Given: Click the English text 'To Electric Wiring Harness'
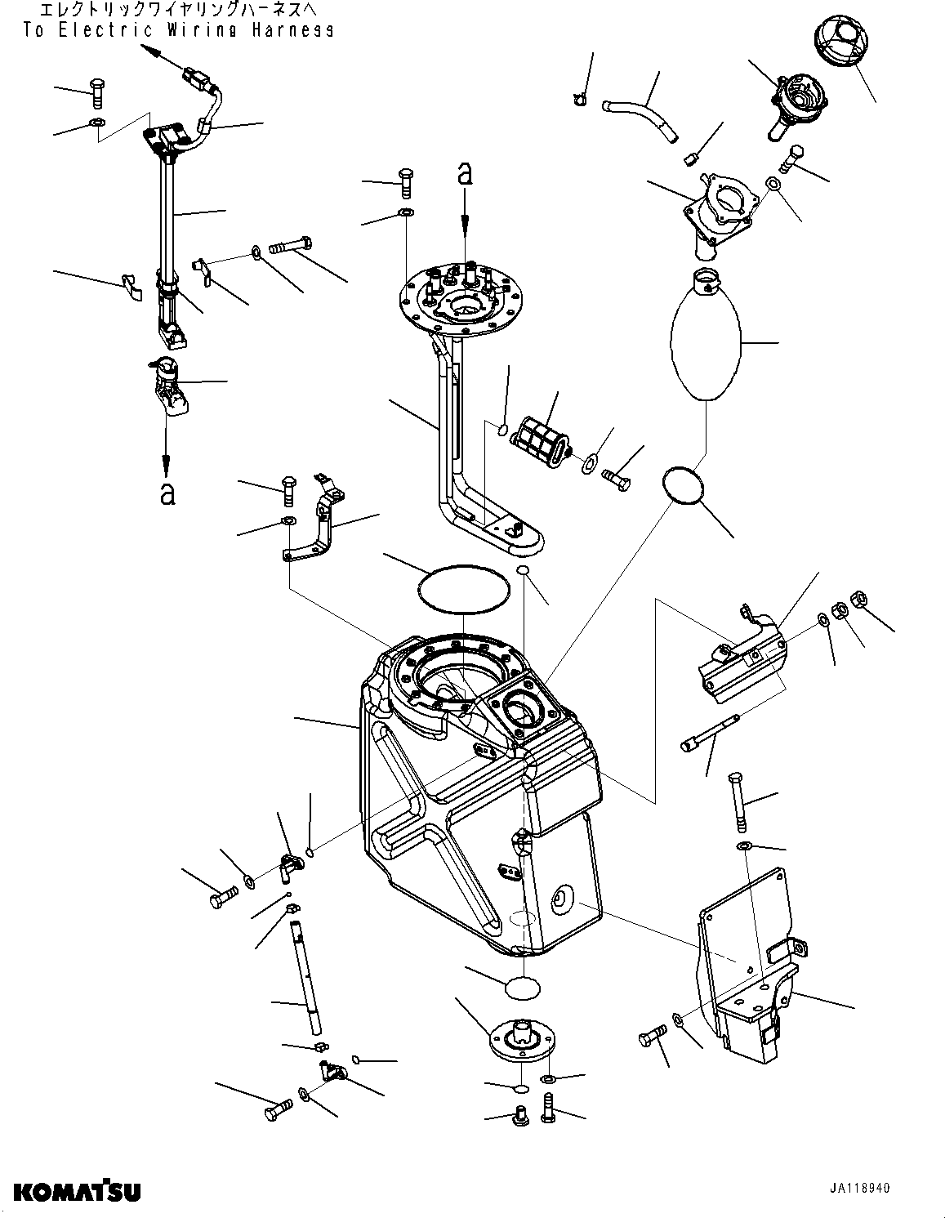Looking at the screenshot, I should pyautogui.click(x=178, y=31).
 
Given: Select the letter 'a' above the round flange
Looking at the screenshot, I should pyautogui.click(x=465, y=173).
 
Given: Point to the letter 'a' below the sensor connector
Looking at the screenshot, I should pyautogui.click(x=167, y=493).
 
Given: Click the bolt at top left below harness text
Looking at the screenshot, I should pyautogui.click(x=96, y=91).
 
